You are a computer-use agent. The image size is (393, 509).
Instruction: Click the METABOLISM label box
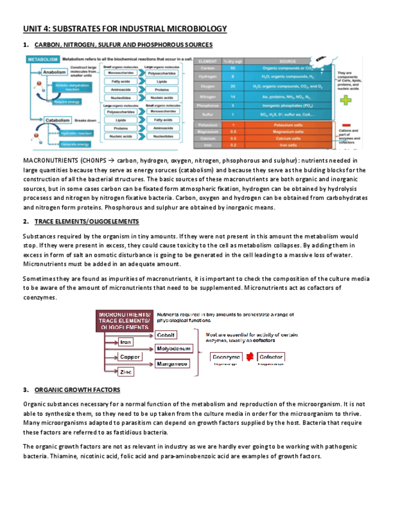click(x=43, y=59)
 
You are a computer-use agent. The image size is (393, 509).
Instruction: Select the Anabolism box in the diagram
click(x=55, y=71)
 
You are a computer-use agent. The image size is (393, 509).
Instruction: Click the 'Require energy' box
click(x=67, y=101)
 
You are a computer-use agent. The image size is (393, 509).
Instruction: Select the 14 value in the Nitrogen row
click(x=232, y=96)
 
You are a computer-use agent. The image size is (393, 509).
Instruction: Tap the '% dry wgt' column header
click(x=232, y=61)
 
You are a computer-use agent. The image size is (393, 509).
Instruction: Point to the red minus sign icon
click(x=346, y=124)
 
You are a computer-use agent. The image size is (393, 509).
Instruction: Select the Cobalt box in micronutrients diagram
click(x=166, y=335)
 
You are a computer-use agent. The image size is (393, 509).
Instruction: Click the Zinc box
click(x=126, y=372)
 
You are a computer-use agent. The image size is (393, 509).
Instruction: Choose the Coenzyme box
click(x=226, y=357)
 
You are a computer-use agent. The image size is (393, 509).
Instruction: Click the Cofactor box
click(x=271, y=357)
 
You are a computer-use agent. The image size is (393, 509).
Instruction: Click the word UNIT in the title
click(x=34, y=28)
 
